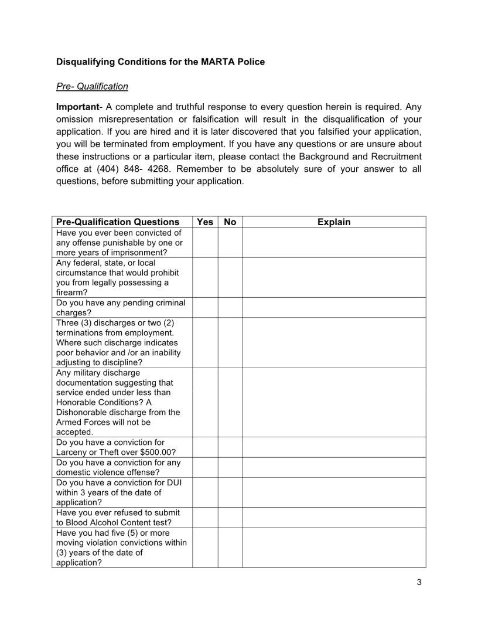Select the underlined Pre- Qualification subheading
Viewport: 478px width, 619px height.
(92, 86)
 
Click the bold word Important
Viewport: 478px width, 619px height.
(77, 107)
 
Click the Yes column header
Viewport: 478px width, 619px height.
(205, 222)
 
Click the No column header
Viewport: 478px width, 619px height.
(230, 222)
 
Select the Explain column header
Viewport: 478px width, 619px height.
(334, 222)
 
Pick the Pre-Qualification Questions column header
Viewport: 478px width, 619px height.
(118, 222)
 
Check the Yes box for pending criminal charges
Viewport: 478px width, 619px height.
(205, 307)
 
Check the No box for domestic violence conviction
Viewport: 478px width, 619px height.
(230, 467)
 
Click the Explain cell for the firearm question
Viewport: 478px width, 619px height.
(334, 277)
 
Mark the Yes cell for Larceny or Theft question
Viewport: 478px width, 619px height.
(205, 447)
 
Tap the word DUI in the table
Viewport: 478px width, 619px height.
(174, 482)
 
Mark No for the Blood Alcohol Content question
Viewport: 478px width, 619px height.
(230, 517)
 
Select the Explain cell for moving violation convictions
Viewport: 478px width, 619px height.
(334, 547)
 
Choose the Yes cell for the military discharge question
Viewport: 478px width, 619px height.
(205, 402)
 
